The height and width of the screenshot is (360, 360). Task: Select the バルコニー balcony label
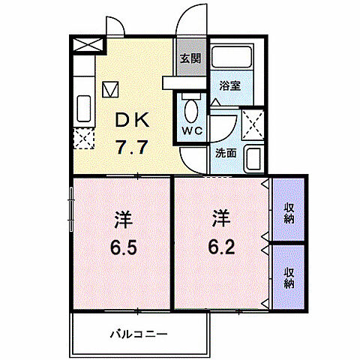pyautogui.click(x=140, y=333)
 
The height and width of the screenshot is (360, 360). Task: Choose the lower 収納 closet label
pyautogui.click(x=289, y=278)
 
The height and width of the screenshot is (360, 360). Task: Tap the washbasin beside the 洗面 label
pyautogui.click(x=254, y=158)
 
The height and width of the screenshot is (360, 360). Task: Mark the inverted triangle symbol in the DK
pyautogui.click(x=110, y=89)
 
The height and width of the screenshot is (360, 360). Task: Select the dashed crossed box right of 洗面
pyautogui.click(x=252, y=123)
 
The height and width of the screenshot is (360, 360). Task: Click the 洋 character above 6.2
pyautogui.click(x=219, y=220)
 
